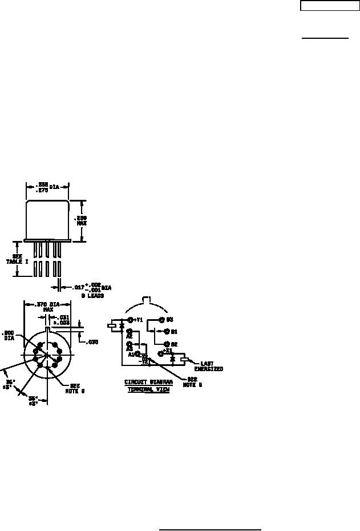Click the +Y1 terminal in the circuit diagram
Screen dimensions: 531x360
pos(130,320)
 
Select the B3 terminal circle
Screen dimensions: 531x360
pos(161,320)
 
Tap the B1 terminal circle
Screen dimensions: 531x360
pos(167,331)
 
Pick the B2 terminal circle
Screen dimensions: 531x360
pos(167,344)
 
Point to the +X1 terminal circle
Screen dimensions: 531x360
pos(161,354)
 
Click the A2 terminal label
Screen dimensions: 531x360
pos(130,336)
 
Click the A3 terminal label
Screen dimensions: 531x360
pos(130,349)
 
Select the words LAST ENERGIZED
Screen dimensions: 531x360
pos(208,366)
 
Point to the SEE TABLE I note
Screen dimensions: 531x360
pos(17,258)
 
